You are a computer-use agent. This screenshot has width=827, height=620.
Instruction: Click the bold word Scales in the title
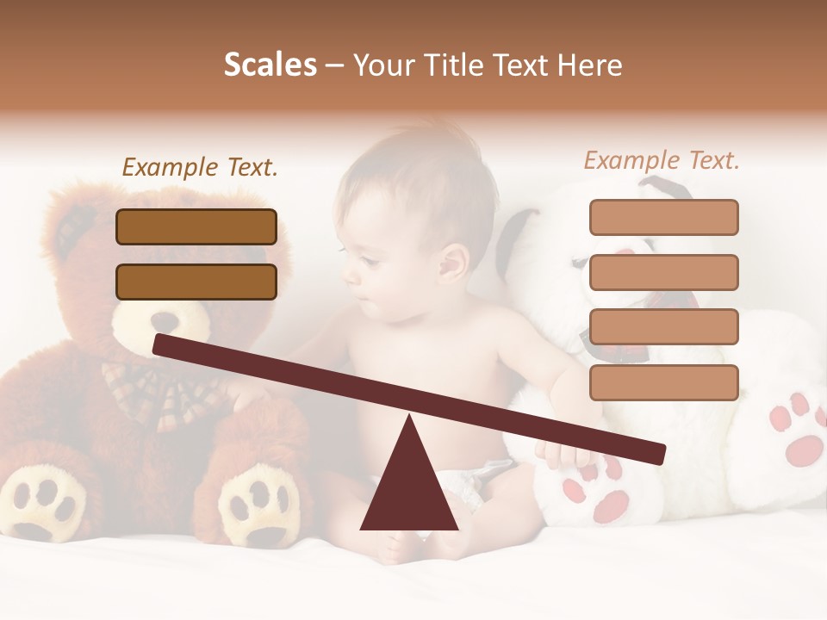[270, 65]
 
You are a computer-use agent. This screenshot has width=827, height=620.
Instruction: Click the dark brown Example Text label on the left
[200, 168]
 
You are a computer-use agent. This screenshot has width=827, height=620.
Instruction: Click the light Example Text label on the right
[662, 160]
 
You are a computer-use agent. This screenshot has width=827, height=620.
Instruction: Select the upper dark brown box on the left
[196, 226]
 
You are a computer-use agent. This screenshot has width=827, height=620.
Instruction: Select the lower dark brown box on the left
[196, 282]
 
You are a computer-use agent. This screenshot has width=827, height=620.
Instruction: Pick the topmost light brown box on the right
[663, 217]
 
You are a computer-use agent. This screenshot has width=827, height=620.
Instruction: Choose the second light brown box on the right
[663, 272]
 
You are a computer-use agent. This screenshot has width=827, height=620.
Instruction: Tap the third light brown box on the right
[663, 327]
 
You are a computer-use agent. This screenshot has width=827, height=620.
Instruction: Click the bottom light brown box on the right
[663, 382]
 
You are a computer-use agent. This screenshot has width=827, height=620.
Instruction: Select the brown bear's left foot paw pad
[47, 504]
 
